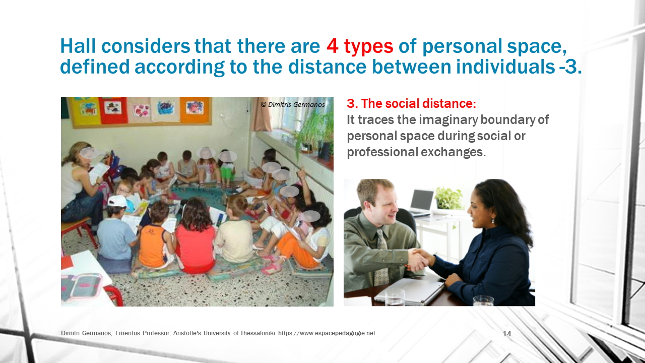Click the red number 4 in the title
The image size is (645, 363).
[x=332, y=46]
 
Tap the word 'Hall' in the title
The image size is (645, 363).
[x=78, y=46]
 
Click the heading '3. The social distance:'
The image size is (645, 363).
[x=411, y=103]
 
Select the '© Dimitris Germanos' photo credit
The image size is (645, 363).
[x=293, y=104]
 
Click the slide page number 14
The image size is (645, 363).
[x=507, y=334]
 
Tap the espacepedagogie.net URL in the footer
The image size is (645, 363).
[x=327, y=333]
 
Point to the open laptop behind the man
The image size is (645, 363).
[x=422, y=202]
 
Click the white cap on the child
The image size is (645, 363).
[x=116, y=201]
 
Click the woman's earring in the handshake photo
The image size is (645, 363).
[x=493, y=221]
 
